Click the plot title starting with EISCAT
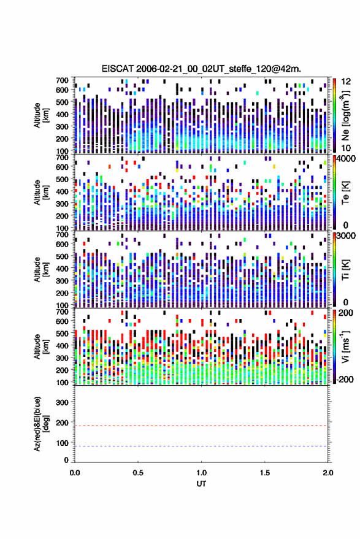click(x=201, y=69)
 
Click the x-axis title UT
click(x=201, y=484)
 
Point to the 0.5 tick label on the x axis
click(x=138, y=473)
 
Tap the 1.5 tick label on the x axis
click(x=265, y=473)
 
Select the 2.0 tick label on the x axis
click(x=328, y=473)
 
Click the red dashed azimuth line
click(x=201, y=426)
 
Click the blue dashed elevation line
click(x=201, y=446)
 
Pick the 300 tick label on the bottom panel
click(x=62, y=402)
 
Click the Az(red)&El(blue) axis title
click(x=41, y=424)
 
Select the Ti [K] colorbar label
click(x=345, y=270)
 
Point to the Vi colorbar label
click(x=345, y=346)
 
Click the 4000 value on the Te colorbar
click(x=347, y=158)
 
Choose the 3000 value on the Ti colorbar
click(x=347, y=236)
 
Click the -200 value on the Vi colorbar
click(x=344, y=379)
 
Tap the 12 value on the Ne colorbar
click(x=346, y=81)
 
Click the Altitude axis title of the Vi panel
click(x=41, y=346)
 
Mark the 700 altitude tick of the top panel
click(x=62, y=80)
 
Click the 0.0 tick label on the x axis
click(x=75, y=473)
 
